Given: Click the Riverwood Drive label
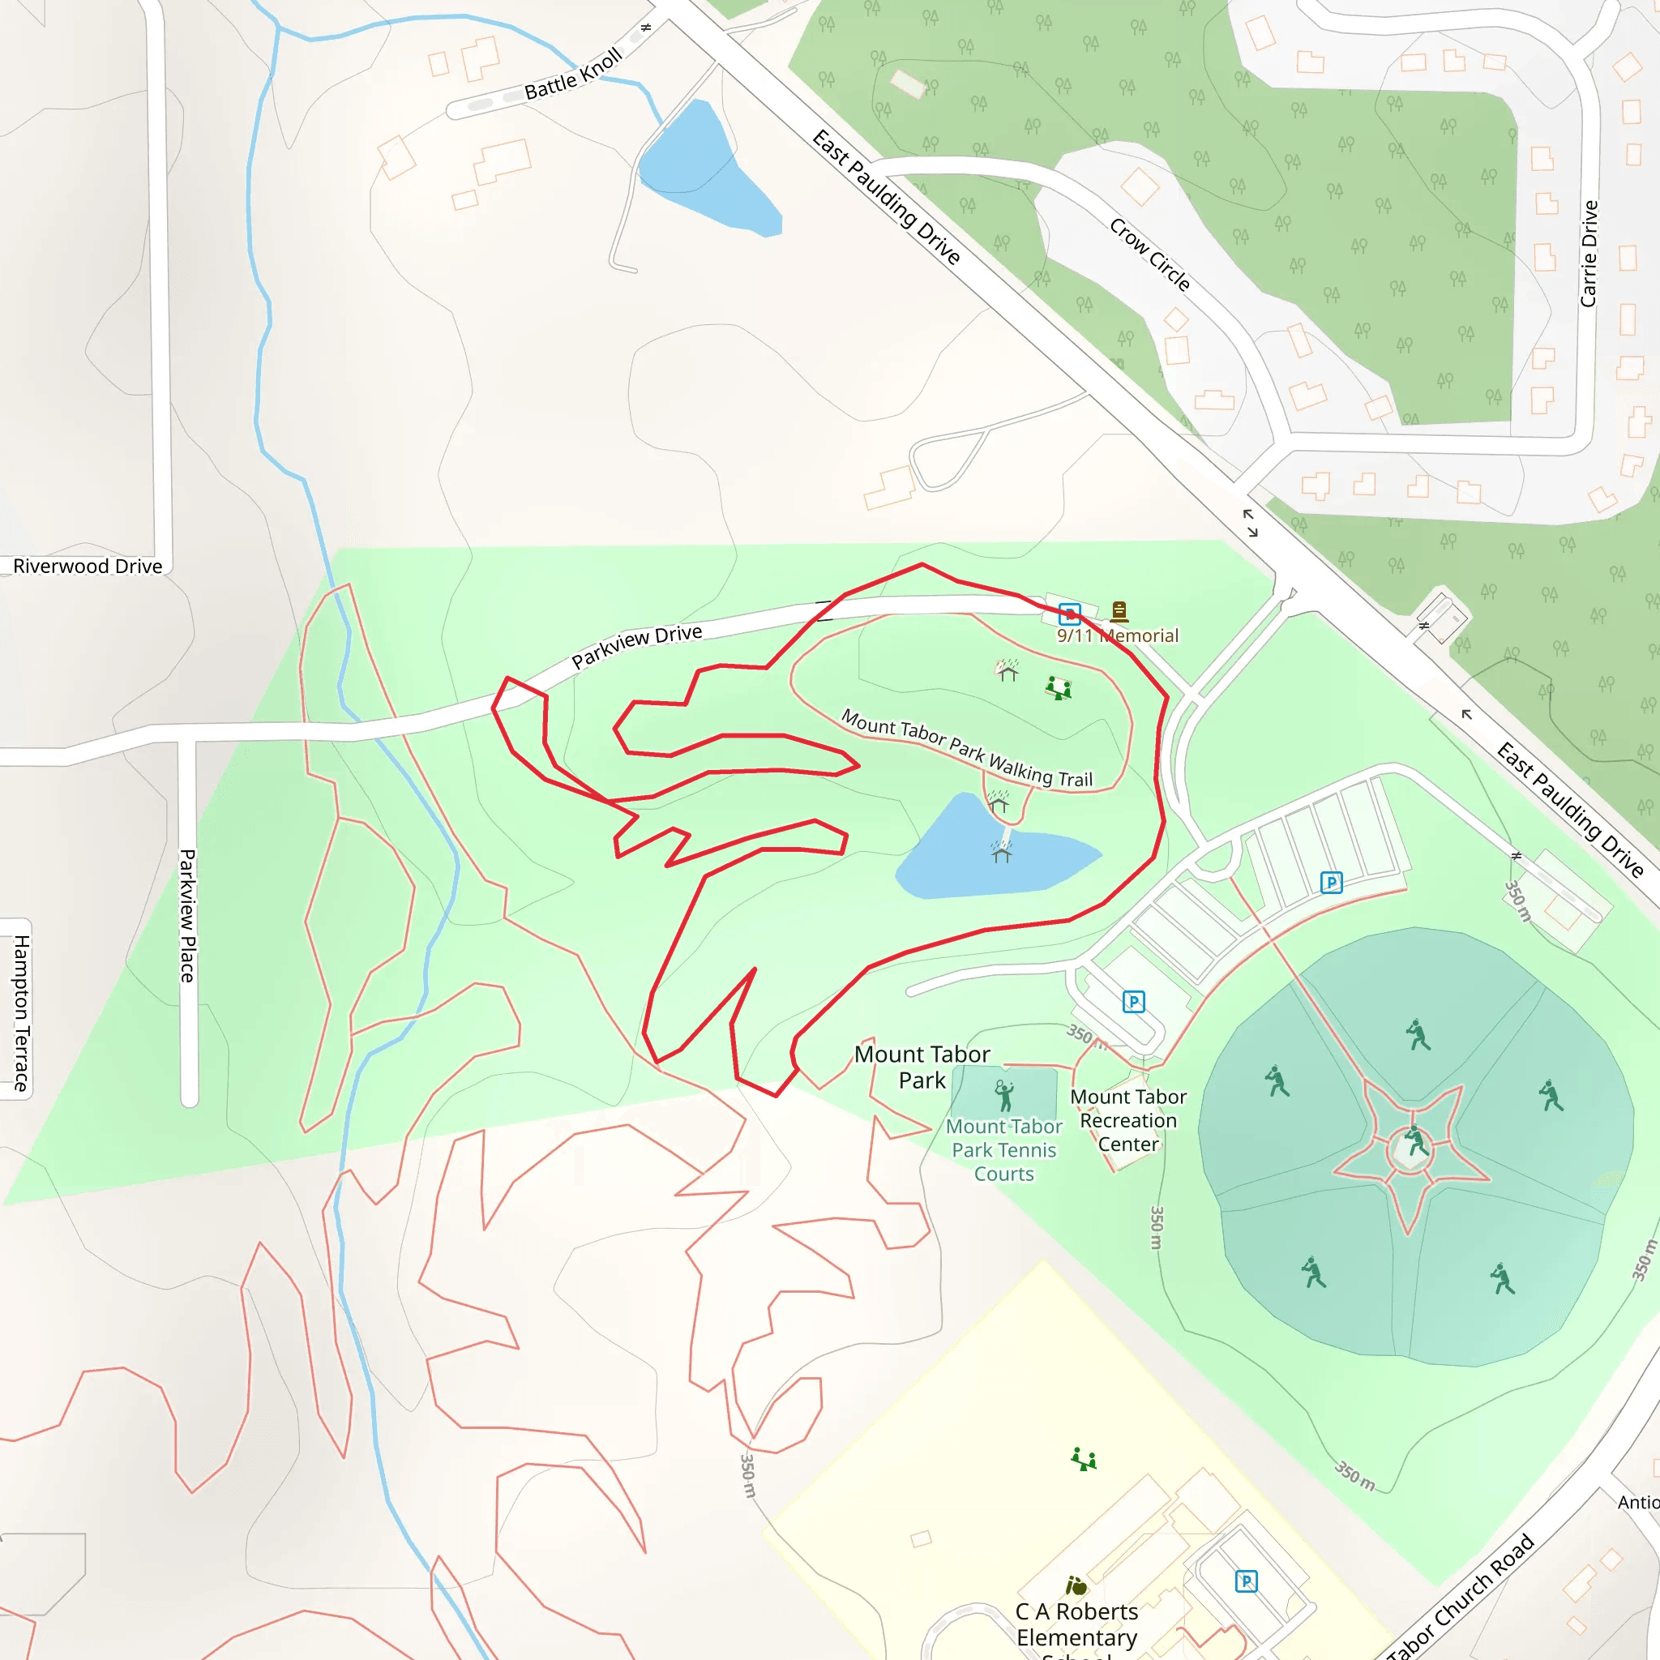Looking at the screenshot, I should (88, 567).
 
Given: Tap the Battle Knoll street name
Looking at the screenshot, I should (573, 75).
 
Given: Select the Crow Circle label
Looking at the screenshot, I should (1149, 255).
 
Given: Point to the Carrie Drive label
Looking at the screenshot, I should (1589, 254).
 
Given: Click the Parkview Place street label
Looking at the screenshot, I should (187, 916).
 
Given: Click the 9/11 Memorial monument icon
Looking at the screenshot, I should (1119, 611).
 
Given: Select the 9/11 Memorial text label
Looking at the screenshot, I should (1117, 635).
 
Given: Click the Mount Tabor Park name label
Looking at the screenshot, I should (922, 1067).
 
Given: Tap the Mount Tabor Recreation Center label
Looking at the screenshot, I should (1128, 1120).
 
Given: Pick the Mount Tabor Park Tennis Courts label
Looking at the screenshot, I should (1003, 1149).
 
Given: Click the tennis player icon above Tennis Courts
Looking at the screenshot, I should (1003, 1096).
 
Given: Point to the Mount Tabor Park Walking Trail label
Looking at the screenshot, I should (967, 747).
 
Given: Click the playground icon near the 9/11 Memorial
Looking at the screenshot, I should (1059, 687).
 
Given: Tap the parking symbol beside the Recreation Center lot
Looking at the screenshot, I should (1133, 1001).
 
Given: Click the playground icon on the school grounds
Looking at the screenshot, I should (1084, 1459).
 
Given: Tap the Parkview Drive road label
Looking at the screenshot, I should (636, 646).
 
